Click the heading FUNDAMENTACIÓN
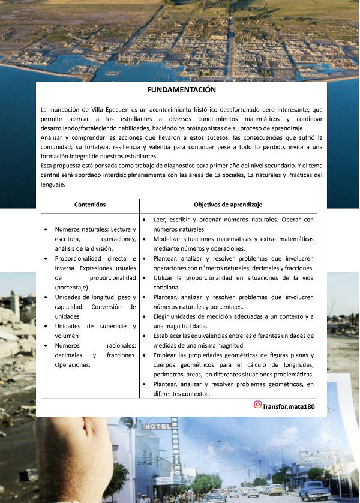[181, 89]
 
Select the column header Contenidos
[89, 205]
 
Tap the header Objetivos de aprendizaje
[228, 205]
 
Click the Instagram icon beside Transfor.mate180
[257, 405]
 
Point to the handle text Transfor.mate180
[289, 406]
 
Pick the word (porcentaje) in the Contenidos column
[71, 288]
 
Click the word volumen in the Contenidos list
[67, 336]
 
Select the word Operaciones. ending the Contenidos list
[72, 365]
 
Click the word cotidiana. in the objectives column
[170, 288]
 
